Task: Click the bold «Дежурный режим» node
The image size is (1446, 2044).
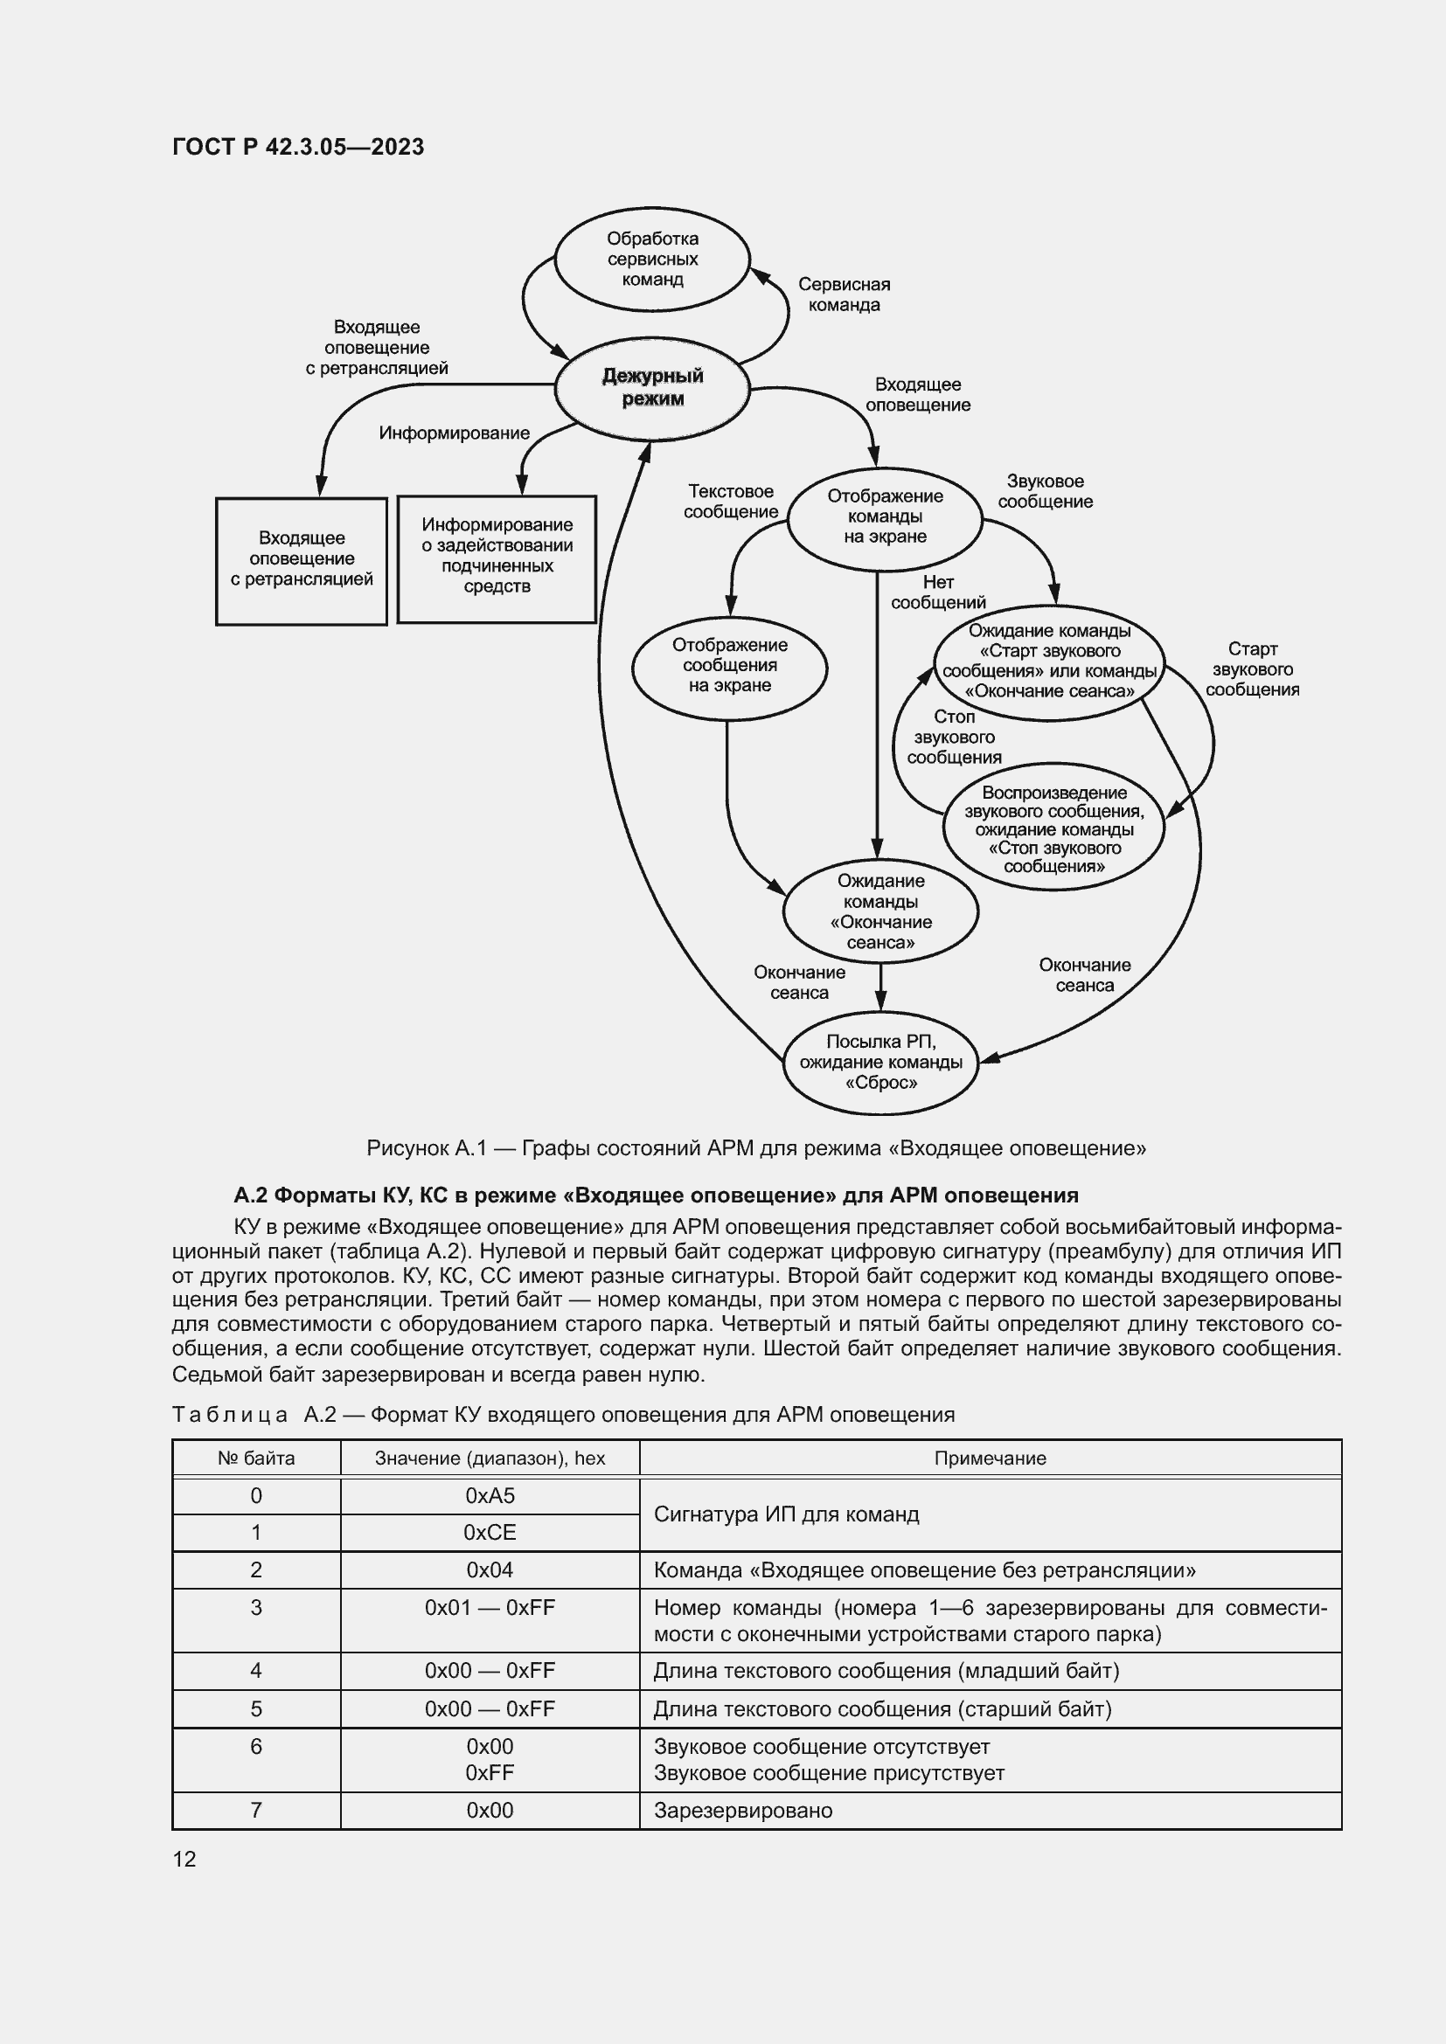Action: point(652,387)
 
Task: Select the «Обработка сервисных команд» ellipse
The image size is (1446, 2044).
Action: point(652,259)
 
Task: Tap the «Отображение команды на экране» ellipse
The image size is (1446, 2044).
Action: point(884,516)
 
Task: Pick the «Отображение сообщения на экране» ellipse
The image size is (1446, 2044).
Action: point(729,665)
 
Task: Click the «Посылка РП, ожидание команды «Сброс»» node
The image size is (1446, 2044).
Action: point(880,1062)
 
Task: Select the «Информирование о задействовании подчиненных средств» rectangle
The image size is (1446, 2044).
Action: point(496,557)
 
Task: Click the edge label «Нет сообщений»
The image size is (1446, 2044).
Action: point(937,592)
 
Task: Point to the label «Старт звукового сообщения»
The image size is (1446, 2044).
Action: point(1252,669)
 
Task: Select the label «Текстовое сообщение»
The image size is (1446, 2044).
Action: point(731,502)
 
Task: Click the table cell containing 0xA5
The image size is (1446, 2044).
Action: point(490,1495)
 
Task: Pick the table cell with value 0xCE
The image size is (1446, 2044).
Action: point(490,1532)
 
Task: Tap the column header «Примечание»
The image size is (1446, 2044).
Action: point(990,1459)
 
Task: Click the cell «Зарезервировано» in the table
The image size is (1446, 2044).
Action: point(742,1810)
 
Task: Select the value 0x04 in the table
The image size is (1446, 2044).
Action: point(490,1569)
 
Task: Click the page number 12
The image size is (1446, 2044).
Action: point(184,1859)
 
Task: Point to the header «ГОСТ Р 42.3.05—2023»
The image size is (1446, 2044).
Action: point(298,147)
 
